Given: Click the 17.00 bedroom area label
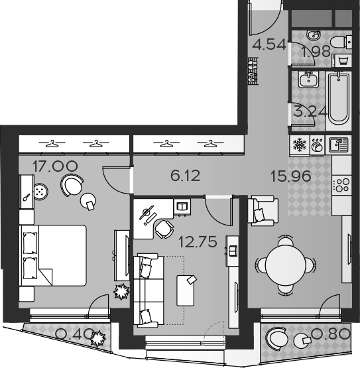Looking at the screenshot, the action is point(55,166).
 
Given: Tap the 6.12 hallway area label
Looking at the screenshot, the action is point(186,176).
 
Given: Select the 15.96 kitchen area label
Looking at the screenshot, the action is point(291,176).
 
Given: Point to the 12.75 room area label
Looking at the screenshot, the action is point(198,242).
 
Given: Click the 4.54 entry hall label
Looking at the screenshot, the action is point(269,44).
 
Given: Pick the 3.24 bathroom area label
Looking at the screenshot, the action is point(310,111).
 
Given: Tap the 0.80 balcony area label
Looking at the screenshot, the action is point(330,334).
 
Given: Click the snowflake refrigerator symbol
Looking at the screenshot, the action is point(300,145).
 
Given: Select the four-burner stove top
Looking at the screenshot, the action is point(342,185).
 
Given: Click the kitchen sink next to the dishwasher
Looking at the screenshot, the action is point(338,145).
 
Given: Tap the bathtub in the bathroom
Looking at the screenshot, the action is point(338,99).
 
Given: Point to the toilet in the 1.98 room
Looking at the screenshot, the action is point(341,42).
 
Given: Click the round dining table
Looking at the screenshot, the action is point(286,265).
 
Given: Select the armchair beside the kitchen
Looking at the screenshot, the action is point(263,211).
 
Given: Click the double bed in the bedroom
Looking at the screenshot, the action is point(53,255).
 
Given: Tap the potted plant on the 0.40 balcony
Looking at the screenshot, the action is point(98,338).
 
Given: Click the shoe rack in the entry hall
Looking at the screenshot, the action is point(253,71).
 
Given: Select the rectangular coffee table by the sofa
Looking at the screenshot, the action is point(186,290).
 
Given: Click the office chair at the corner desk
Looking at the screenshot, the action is point(164,229).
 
